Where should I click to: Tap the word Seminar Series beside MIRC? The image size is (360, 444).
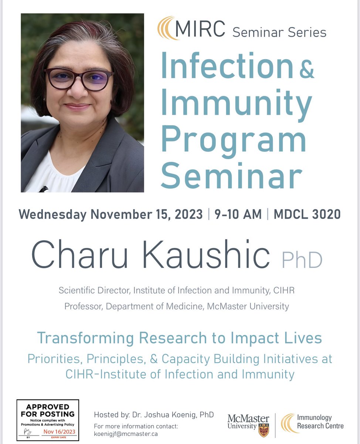pyautogui.click(x=279, y=32)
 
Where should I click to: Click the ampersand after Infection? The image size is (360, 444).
pyautogui.click(x=306, y=70)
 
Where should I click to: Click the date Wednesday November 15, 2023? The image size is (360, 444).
pyautogui.click(x=111, y=214)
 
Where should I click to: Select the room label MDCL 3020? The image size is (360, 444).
pyautogui.click(x=307, y=214)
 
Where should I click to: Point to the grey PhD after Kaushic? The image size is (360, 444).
pyautogui.click(x=302, y=260)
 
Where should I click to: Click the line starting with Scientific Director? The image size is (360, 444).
pyautogui.click(x=177, y=290)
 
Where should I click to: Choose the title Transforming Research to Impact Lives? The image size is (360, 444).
pyautogui.click(x=179, y=338)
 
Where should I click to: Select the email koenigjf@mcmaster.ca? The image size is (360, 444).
pyautogui.click(x=126, y=434)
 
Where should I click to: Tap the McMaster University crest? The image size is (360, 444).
pyautogui.click(x=264, y=430)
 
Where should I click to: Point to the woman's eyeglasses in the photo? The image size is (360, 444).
pyautogui.click(x=79, y=78)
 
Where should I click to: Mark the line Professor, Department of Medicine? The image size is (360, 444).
pyautogui.click(x=177, y=306)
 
